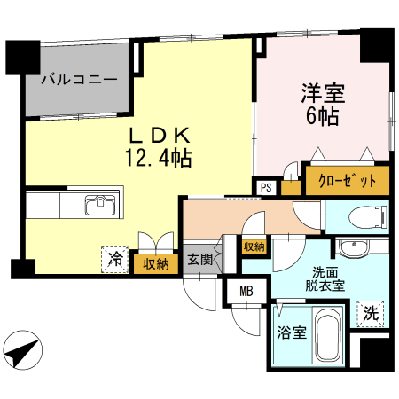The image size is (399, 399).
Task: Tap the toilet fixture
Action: [364, 216]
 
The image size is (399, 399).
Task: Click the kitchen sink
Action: [101, 207]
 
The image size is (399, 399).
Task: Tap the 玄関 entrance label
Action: [199, 259]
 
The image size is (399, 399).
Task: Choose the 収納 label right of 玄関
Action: [254, 246]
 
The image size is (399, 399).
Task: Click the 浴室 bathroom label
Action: [290, 333]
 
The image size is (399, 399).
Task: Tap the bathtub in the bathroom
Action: [330, 336]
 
